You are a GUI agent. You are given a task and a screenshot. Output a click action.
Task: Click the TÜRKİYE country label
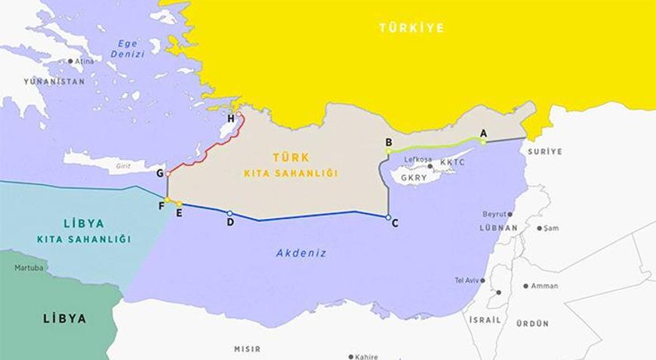point(411,28)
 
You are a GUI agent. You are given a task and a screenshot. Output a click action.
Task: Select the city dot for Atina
point(70,61)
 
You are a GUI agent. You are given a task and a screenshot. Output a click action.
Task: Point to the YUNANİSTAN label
point(54,81)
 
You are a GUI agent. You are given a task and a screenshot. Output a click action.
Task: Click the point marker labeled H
point(239,115)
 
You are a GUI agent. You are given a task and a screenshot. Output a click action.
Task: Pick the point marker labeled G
point(168,174)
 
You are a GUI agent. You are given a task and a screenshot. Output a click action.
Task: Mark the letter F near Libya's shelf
point(161,205)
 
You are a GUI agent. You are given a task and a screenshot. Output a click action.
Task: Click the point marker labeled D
point(229,214)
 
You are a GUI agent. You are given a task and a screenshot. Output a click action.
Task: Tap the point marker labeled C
point(388,217)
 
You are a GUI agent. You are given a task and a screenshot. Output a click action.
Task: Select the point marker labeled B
point(388,151)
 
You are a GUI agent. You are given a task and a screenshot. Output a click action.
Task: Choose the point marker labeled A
point(484,141)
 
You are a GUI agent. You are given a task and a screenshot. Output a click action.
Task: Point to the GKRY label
point(414,178)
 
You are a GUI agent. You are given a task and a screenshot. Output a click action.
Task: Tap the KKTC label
point(453,163)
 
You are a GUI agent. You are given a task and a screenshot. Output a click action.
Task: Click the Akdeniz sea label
point(300,253)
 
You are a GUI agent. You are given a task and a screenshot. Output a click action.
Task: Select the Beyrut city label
point(494,214)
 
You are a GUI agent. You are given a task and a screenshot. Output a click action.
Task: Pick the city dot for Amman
point(525,286)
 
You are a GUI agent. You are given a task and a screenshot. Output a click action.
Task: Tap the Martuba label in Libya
point(29,268)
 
